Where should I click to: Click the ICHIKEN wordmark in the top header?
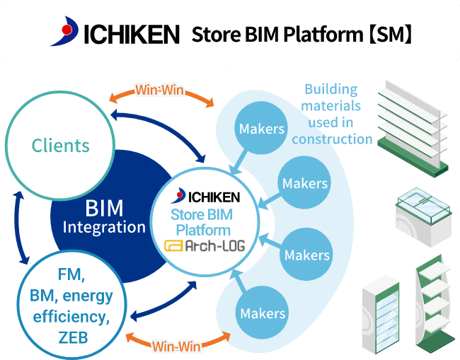pos(132,34)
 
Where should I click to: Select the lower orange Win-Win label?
pos(176,346)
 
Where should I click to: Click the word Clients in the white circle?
pos(61,146)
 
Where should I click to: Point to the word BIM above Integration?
pos(104,208)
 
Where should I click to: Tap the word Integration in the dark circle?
pos(104,227)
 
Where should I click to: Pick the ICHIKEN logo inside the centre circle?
pos(205,196)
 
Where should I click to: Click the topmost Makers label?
pos(262,129)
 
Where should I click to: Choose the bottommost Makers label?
pos(263,313)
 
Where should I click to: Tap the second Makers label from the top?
pos(305,184)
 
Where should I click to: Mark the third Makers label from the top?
pos(307,255)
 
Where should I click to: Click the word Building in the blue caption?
pos(330,89)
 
